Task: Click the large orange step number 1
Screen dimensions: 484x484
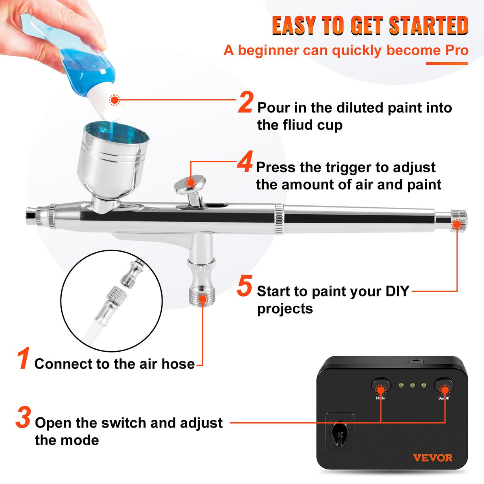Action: tap(23, 359)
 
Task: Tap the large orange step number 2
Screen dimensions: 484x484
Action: tap(245, 102)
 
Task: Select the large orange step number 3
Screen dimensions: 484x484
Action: tap(23, 418)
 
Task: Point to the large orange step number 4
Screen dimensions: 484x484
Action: tap(245, 162)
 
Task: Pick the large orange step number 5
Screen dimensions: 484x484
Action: tap(244, 286)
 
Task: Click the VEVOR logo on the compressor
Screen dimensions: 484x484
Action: tap(432, 458)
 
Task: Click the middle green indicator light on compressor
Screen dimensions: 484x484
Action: tap(412, 386)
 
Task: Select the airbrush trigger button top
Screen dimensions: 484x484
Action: tap(190, 182)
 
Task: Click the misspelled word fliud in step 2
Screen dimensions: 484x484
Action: tap(300, 125)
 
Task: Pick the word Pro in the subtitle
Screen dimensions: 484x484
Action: tap(457, 50)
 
